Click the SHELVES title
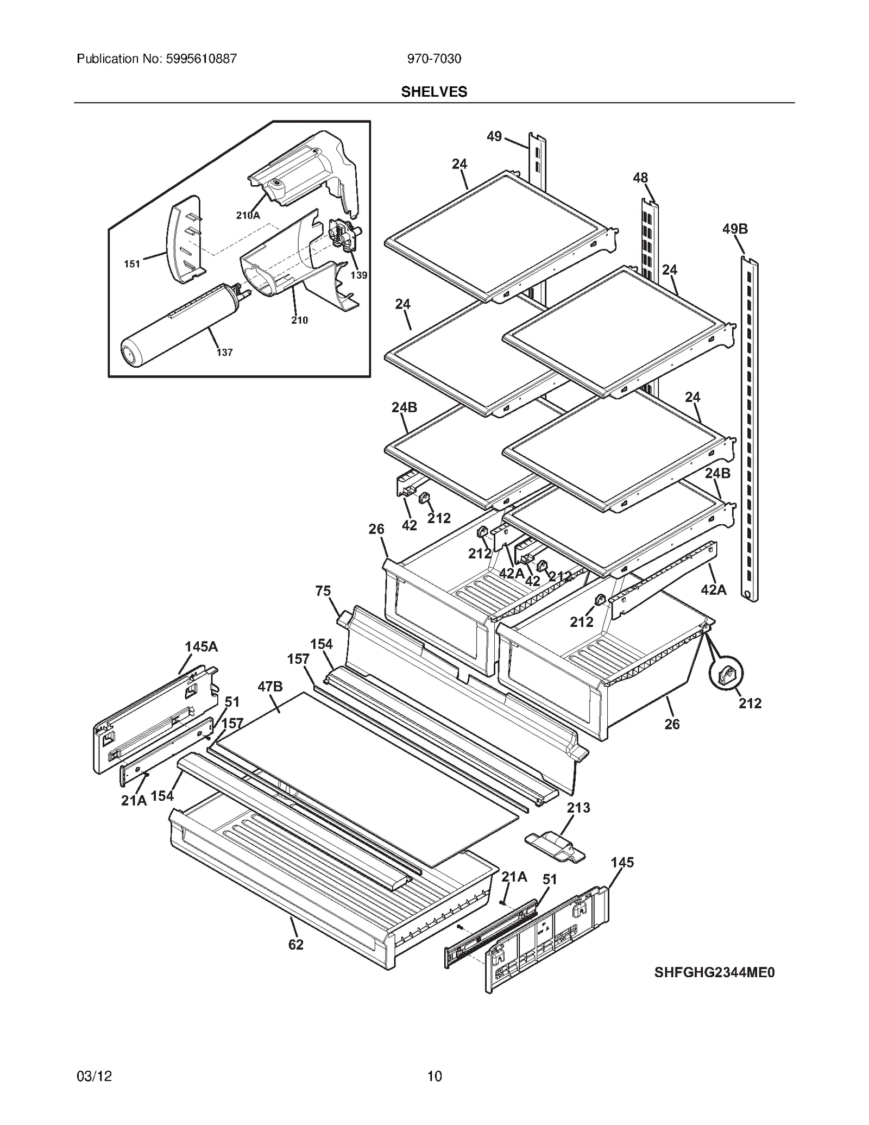434,92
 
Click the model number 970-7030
434,59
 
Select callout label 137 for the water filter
224,353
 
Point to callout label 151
132,264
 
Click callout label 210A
248,215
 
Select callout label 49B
734,229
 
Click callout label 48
640,178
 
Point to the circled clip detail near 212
726,674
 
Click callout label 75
323,591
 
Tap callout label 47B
270,687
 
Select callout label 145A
201,646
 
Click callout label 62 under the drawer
295,945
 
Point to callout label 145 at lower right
622,862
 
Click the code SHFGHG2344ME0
714,972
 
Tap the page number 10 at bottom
434,1076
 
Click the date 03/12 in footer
95,1076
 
